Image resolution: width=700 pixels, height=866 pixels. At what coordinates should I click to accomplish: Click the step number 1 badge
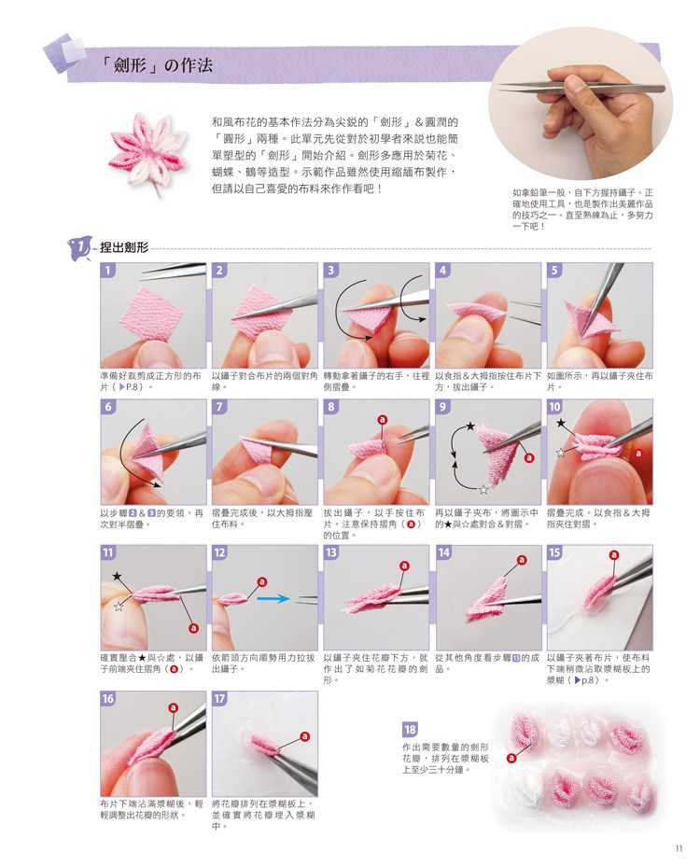pos(108,271)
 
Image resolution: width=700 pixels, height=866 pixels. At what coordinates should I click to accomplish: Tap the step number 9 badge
pos(443,407)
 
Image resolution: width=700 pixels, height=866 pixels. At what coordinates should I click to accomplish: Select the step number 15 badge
pos(554,552)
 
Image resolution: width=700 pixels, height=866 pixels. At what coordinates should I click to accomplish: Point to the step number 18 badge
pos(410,730)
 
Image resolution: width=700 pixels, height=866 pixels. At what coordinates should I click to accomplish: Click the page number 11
pos(679,849)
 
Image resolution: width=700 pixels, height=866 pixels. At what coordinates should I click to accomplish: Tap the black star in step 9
pos(469,426)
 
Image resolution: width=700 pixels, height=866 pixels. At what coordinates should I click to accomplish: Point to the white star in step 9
pos(483,489)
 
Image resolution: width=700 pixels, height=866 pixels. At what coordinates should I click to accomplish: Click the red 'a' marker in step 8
pos(383,420)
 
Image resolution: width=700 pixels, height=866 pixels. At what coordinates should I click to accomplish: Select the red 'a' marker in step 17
pos(304,736)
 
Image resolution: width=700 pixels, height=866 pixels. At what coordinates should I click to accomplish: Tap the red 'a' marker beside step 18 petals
pos(511,758)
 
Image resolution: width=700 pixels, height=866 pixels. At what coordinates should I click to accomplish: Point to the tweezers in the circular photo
pos(581,88)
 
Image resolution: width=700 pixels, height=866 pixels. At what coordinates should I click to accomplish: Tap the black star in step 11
pos(117,576)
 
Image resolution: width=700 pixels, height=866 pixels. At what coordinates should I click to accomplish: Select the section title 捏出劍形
pos(124,247)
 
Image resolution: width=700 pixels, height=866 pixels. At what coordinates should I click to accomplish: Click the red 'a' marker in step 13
pos(405,566)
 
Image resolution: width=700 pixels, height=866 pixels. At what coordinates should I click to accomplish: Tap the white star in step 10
pos(561,453)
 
